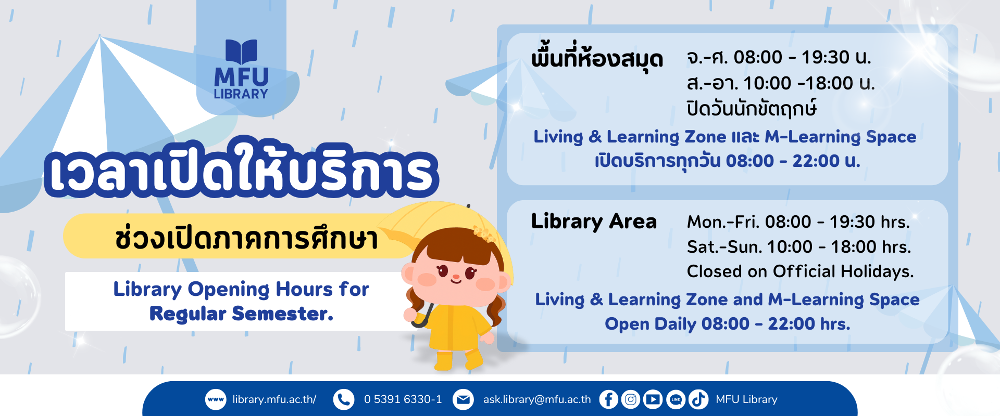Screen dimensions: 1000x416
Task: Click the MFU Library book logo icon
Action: click(x=241, y=52)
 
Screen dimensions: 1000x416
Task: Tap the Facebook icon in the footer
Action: click(x=608, y=399)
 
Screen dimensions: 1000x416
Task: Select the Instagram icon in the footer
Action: click(x=631, y=399)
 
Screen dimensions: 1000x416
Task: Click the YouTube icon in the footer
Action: click(x=653, y=399)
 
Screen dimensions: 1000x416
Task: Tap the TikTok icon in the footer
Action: click(x=698, y=399)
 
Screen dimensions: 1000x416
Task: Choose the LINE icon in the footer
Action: click(x=676, y=399)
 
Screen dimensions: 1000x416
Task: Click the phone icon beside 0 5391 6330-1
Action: click(x=344, y=399)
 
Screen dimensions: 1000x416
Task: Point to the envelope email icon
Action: click(x=463, y=399)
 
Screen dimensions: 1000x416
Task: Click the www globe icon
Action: click(x=216, y=399)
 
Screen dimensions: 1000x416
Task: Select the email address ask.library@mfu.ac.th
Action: click(x=537, y=399)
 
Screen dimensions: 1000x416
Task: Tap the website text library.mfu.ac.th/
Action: click(x=274, y=399)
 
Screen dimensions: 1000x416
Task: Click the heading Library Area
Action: click(x=594, y=222)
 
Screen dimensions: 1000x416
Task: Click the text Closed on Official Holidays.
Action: click(x=800, y=271)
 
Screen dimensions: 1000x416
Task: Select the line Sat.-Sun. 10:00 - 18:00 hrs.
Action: click(x=799, y=246)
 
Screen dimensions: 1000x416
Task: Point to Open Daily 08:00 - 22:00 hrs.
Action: click(x=728, y=323)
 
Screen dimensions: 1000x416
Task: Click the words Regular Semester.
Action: click(x=241, y=314)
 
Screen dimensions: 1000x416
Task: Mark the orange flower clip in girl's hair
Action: click(x=484, y=235)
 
